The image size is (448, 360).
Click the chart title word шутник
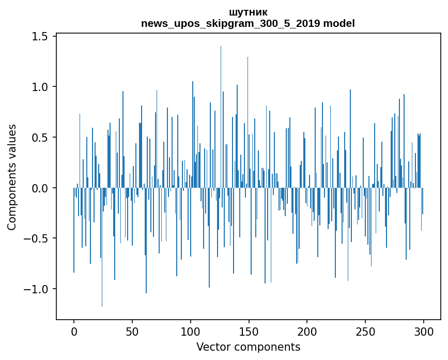click(x=248, y=12)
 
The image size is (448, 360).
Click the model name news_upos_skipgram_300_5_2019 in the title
click(x=230, y=23)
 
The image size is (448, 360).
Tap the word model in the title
click(x=339, y=23)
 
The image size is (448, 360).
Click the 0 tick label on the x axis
click(x=74, y=332)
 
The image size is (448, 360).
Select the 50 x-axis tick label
click(x=132, y=332)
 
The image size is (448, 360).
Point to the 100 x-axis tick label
click(x=190, y=332)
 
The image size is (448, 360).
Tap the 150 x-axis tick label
click(x=249, y=332)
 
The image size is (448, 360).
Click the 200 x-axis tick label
click(x=307, y=332)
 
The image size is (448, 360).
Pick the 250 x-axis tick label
click(x=365, y=332)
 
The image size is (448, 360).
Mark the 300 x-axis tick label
click(x=423, y=332)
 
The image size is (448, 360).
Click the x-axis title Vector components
click(x=248, y=347)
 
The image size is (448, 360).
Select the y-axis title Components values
click(x=12, y=177)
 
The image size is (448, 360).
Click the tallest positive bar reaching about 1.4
click(x=221, y=117)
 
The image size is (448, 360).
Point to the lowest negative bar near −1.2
click(x=102, y=247)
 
